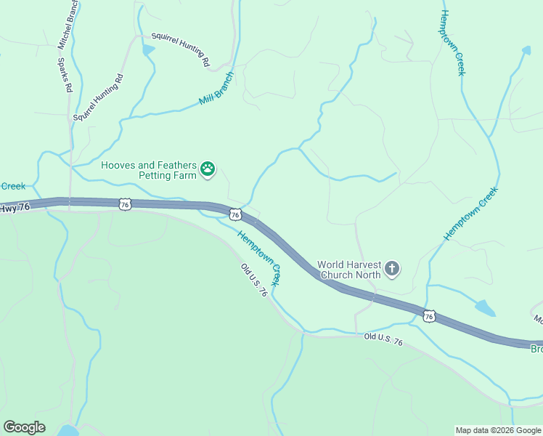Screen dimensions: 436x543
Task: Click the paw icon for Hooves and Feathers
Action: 208,169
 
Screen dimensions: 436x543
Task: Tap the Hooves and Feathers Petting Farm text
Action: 149,170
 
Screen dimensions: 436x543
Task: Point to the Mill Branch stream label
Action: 216,89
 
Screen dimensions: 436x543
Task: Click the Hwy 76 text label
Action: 15,208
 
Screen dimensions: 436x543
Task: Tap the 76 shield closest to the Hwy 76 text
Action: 125,206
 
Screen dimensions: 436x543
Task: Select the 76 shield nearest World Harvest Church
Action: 429,316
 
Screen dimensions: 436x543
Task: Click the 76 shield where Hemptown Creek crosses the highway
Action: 234,214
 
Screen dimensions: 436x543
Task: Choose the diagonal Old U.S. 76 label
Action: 254,279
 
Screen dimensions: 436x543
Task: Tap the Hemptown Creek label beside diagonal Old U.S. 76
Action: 260,257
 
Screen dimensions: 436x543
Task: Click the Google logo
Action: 24,427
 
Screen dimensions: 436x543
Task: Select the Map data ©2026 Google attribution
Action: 497,430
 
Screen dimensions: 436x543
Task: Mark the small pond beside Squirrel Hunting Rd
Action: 149,50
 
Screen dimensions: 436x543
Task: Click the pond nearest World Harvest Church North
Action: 485,308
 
